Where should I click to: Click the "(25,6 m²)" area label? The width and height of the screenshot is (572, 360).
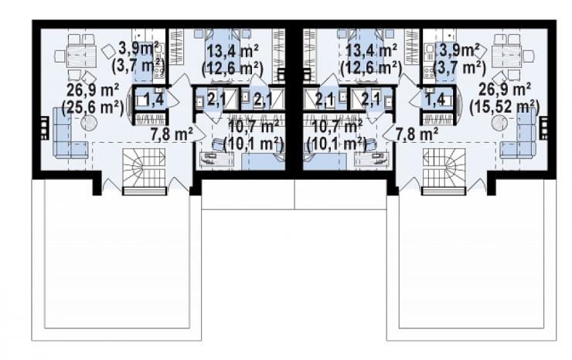click(93, 107)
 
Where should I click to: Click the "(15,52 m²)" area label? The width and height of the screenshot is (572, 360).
click(505, 107)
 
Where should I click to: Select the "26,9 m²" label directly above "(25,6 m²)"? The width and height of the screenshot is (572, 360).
click(93, 90)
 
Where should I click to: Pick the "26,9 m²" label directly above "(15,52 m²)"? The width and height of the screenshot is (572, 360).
click(505, 90)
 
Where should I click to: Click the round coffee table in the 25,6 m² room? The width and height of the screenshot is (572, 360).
click(89, 124)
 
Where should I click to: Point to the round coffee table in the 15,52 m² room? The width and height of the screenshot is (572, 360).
click(499, 124)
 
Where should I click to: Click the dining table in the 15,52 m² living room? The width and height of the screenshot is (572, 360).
click(507, 56)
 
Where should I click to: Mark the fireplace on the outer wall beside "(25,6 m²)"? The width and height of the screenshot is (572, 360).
click(44, 127)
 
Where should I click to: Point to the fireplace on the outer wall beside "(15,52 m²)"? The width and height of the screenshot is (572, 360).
click(543, 127)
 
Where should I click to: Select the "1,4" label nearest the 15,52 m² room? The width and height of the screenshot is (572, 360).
click(435, 99)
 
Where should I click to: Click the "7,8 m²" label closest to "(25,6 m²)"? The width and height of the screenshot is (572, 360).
click(172, 134)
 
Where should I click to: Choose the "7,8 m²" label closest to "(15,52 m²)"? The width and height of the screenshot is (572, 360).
click(417, 134)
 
